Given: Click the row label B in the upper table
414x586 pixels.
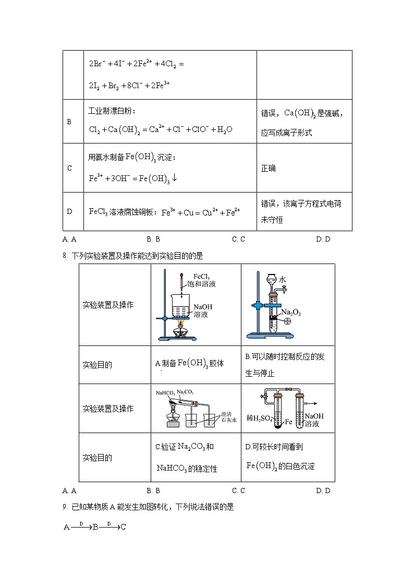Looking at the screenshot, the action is point(69,122).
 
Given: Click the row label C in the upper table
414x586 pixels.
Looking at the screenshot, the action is point(69,168).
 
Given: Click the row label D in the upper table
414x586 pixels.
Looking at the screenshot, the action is point(69,211).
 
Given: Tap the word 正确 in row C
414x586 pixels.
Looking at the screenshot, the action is point(269,168).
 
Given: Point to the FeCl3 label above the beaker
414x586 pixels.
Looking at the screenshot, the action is point(202,276).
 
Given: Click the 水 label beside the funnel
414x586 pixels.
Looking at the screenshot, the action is point(282,280).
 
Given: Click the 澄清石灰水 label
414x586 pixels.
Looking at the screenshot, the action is point(229,416).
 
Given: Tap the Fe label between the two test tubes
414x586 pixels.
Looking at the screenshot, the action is point(289,421).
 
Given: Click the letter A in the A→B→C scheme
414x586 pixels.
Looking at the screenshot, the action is point(67,527).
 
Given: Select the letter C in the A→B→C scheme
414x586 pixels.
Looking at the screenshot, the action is point(123,527).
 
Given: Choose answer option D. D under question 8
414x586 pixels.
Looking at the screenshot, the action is point(323,491).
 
